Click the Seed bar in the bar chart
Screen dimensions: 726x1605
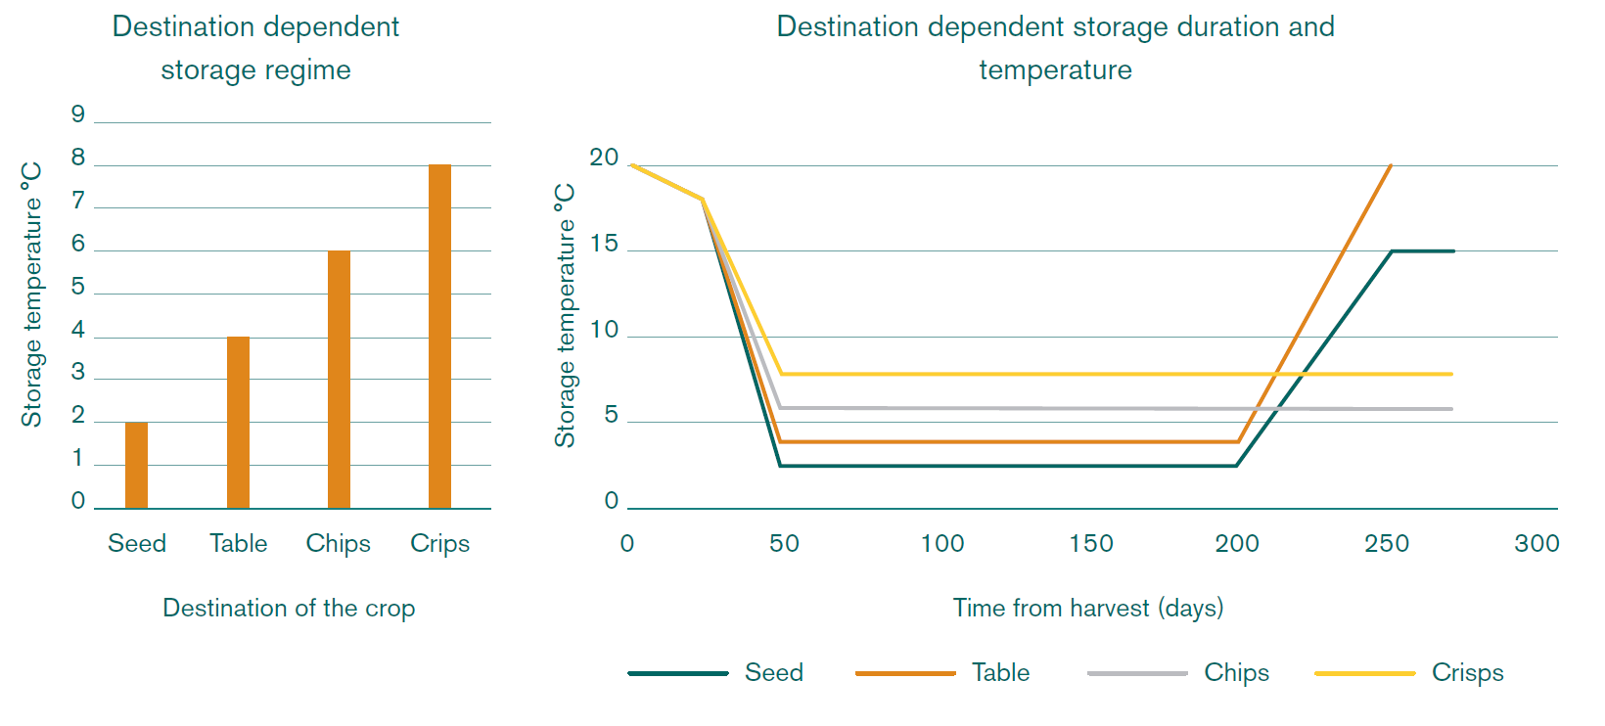click(x=136, y=466)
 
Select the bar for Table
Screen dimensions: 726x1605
click(x=238, y=423)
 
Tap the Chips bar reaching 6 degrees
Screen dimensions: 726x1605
click(x=339, y=380)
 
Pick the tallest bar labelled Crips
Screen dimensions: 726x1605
click(x=439, y=337)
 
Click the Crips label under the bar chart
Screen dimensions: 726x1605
click(x=439, y=543)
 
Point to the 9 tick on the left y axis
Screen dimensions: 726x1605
click(x=78, y=114)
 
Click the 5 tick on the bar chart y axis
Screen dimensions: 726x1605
click(x=78, y=287)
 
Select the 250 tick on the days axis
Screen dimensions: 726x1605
click(x=1386, y=543)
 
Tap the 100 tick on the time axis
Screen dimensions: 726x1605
click(x=941, y=543)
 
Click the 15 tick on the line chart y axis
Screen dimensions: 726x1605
click(x=604, y=244)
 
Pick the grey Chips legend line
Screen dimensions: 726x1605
click(x=1137, y=673)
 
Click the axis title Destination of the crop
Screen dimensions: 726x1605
click(x=289, y=608)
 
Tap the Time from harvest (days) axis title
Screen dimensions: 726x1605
click(x=1088, y=608)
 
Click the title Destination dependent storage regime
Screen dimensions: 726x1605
click(x=255, y=48)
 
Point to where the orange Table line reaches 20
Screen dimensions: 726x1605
click(x=1391, y=165)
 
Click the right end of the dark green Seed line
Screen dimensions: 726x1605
click(x=1453, y=251)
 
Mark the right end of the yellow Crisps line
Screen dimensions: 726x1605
click(x=1451, y=374)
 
